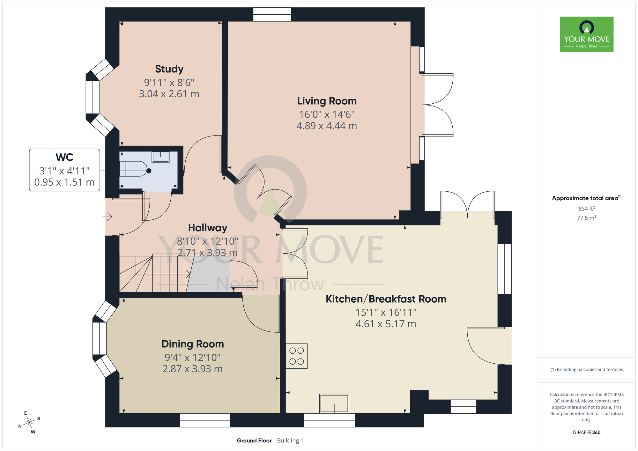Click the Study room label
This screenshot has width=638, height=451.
(169, 69)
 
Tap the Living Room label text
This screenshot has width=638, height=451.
(327, 101)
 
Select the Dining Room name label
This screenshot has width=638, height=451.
(193, 344)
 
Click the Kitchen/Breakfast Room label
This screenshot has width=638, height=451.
(386, 299)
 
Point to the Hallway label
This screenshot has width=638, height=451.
(208, 228)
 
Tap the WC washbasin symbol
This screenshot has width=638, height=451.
(161, 157)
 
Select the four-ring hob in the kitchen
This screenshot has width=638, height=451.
(297, 356)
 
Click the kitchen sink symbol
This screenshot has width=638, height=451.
(334, 403)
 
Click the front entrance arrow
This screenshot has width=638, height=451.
(108, 217)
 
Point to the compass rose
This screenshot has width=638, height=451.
(29, 423)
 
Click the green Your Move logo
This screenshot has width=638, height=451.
(587, 34)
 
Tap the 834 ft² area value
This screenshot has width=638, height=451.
(587, 209)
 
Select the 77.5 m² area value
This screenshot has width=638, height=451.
(587, 218)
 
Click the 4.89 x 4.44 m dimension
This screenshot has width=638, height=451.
(327, 126)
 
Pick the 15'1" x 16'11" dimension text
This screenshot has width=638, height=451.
(386, 313)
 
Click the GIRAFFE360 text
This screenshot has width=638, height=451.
(587, 433)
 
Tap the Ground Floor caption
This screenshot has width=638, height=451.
(254, 440)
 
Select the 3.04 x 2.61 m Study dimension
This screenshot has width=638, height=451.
(169, 94)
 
